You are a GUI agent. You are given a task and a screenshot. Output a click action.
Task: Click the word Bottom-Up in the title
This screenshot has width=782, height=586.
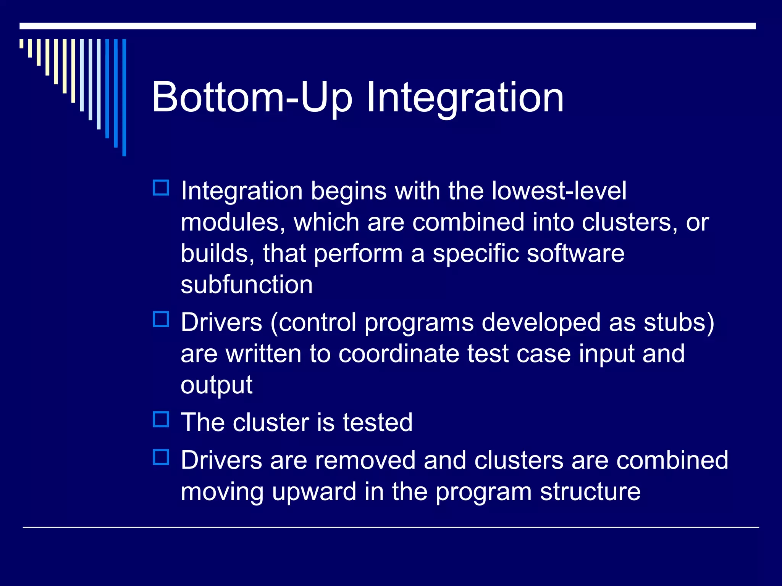[x=251, y=98]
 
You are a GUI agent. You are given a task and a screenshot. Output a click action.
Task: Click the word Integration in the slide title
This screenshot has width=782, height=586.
[x=465, y=98]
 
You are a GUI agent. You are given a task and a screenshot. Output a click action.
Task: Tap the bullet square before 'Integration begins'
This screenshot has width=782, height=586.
[x=161, y=188]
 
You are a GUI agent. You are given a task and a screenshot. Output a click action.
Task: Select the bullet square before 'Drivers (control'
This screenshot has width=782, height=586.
[x=161, y=319]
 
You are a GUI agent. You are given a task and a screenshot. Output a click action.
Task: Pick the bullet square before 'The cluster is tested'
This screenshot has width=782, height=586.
[x=161, y=419]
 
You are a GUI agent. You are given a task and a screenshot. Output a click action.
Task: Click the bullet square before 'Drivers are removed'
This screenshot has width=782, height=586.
[x=161, y=457]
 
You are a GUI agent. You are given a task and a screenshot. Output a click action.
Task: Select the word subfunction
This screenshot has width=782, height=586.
[x=247, y=285]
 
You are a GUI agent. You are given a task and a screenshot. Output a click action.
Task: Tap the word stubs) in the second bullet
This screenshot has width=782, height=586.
[x=679, y=322]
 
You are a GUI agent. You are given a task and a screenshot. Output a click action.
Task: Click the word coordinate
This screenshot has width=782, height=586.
[x=398, y=354]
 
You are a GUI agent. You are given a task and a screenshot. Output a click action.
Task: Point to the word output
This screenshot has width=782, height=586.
[x=217, y=386]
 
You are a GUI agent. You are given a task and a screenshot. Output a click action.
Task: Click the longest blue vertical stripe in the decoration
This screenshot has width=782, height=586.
[x=124, y=97]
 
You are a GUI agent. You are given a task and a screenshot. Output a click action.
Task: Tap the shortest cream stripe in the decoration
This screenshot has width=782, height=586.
[x=22, y=43]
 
